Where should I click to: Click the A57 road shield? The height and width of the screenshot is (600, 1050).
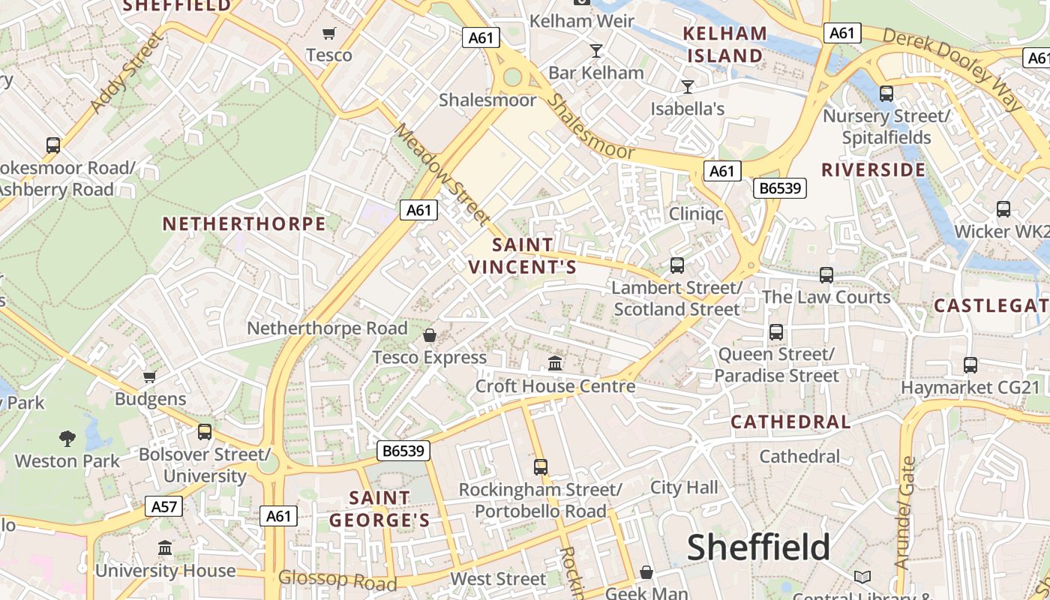[x=163, y=506]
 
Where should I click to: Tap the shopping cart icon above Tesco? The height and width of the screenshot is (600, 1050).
[x=328, y=33]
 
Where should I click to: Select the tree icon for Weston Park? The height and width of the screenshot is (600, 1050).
[x=67, y=438]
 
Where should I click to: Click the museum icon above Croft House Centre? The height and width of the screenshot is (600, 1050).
[x=555, y=364]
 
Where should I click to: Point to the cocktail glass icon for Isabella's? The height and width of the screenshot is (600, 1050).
[x=687, y=87]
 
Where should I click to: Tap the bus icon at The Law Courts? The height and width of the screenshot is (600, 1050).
[x=826, y=275]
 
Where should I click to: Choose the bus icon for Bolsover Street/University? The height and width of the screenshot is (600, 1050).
[x=204, y=432]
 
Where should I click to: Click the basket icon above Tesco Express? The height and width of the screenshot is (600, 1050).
[x=430, y=335]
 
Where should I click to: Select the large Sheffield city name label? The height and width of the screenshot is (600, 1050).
[x=758, y=547]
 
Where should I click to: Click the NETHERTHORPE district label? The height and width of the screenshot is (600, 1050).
[x=244, y=224]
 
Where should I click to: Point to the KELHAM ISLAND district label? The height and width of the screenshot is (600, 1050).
[x=725, y=44]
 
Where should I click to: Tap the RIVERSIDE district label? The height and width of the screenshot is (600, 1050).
[x=874, y=170]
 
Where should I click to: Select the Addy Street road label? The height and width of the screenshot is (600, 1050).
[x=126, y=73]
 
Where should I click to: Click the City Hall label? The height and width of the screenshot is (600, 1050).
[x=684, y=487]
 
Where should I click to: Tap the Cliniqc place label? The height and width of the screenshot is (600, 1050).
[x=696, y=214]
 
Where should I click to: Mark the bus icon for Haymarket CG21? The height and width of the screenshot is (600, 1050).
[x=970, y=365]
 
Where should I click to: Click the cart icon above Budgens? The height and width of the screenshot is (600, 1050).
[x=150, y=376]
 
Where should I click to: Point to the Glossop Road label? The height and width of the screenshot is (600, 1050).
[x=337, y=580]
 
